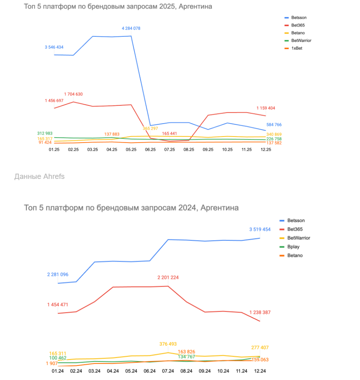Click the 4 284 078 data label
pos(131,28)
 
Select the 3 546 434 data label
pos(54,47)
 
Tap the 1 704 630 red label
pos(73,94)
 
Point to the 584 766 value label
pos(274,125)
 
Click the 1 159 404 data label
pos(266,108)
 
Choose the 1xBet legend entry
pos(297,48)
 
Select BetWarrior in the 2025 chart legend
pos(301,41)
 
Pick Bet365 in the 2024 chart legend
pos(295,229)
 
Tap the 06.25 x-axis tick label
pos(150,149)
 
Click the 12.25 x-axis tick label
pos(266,149)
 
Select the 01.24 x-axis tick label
pos(58,370)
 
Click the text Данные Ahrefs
pos(39,176)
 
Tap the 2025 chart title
pos(118,6)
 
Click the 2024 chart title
pos(131,208)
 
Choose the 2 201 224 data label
pos(168,278)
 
